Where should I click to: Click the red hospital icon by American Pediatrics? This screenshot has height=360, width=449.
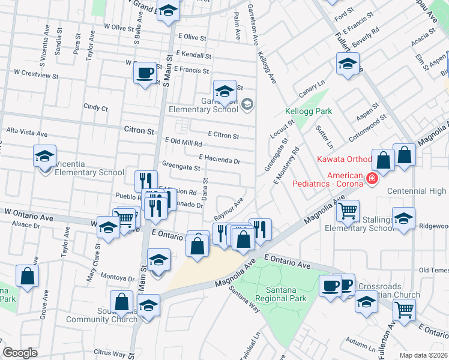(x=372, y=178)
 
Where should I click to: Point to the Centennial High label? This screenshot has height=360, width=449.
(x=416, y=191)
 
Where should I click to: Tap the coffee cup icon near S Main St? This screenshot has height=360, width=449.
(x=144, y=74)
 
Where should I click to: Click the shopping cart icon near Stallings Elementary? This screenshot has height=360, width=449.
(x=348, y=211)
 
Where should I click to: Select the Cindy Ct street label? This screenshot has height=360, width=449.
(x=95, y=108)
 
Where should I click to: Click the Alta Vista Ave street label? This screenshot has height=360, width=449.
(x=26, y=133)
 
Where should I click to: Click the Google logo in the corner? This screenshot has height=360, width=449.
(x=20, y=353)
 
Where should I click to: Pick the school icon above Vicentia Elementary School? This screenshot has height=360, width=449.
(x=44, y=156)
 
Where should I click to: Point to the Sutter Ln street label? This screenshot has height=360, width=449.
(x=328, y=136)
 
